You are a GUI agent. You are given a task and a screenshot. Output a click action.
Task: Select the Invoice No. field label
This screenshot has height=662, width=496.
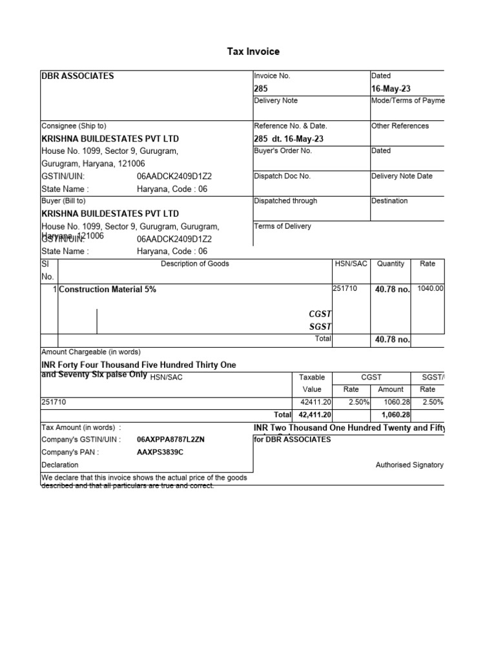pyautogui.click(x=273, y=76)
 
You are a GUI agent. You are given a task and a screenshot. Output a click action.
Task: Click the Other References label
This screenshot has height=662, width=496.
pyautogui.click(x=400, y=126)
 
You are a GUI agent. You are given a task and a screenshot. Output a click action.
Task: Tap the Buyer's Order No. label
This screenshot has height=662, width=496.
pyautogui.click(x=283, y=151)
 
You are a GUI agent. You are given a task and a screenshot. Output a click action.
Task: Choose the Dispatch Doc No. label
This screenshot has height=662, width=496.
pyautogui.click(x=282, y=176)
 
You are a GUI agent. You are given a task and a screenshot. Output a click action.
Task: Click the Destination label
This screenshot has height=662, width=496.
pyautogui.click(x=389, y=201)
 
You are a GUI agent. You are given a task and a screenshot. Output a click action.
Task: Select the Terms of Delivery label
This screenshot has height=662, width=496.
pyautogui.click(x=282, y=226)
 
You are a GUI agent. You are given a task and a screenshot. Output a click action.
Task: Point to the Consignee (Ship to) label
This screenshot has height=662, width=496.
pyautogui.click(x=74, y=126)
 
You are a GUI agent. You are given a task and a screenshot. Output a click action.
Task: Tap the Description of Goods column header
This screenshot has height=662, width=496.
pyautogui.click(x=194, y=264)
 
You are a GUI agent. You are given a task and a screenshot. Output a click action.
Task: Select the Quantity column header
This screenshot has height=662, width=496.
pyautogui.click(x=391, y=264)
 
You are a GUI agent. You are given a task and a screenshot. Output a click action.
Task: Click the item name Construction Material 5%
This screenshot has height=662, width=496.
pyautogui.click(x=107, y=290)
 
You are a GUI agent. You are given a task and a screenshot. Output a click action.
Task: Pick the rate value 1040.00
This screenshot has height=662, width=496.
pyautogui.click(x=431, y=289)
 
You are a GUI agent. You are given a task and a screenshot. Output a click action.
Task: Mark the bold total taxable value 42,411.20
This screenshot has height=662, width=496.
pyautogui.click(x=314, y=414)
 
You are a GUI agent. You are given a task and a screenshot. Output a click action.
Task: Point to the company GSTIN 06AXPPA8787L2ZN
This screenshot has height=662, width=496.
pyautogui.click(x=170, y=440)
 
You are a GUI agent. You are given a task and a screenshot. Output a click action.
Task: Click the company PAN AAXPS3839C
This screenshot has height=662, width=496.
pyautogui.click(x=160, y=452)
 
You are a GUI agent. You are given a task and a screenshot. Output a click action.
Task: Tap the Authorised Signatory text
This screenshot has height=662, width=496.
pyautogui.click(x=409, y=465)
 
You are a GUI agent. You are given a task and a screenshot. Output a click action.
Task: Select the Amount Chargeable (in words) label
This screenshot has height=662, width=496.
pyautogui.click(x=90, y=352)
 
